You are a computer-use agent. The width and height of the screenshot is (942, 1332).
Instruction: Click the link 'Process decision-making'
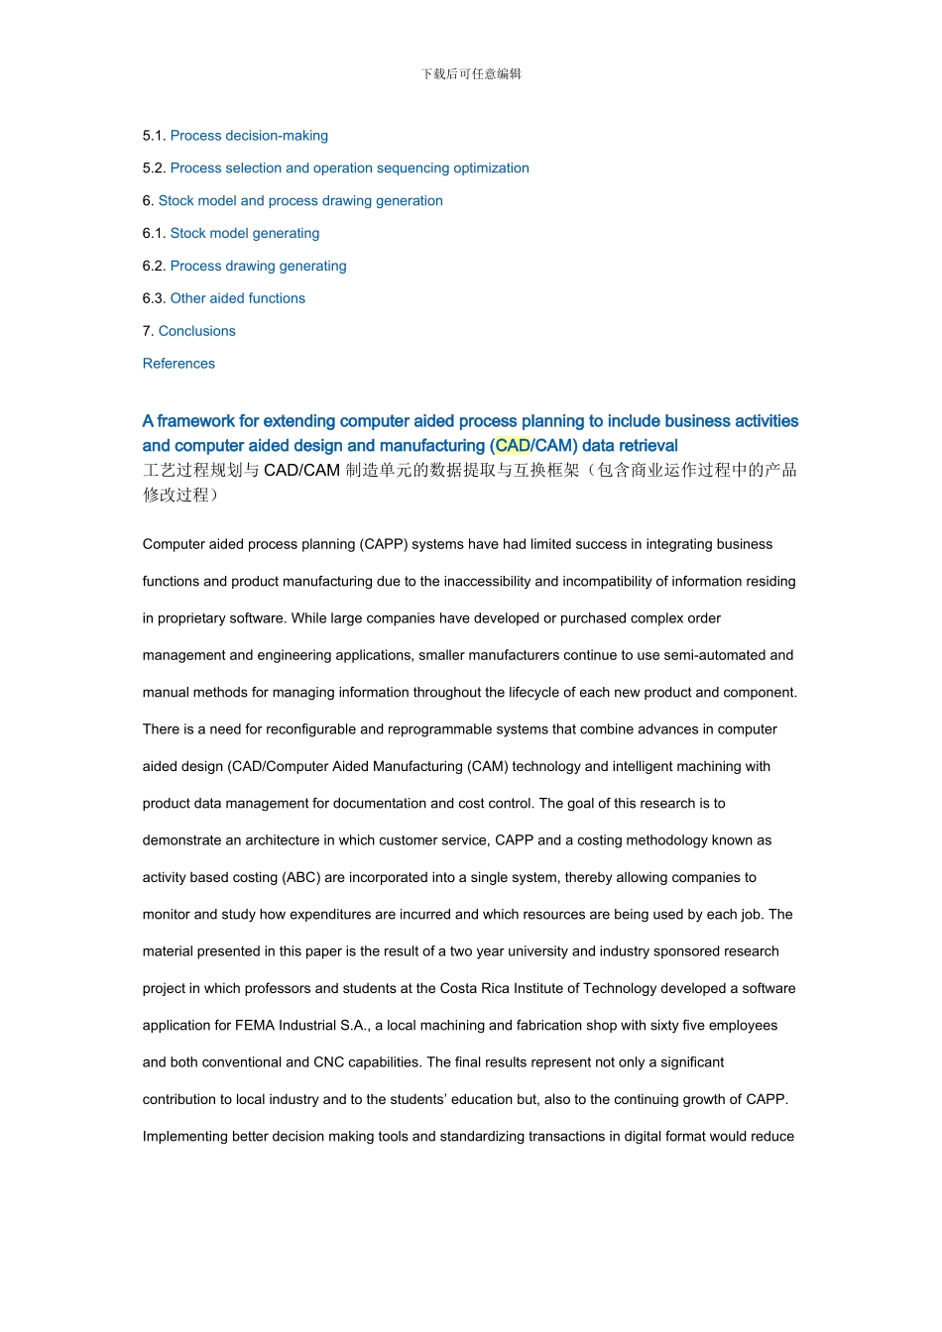[249, 136]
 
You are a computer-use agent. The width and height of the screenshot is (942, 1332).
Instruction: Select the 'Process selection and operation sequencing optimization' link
[349, 168]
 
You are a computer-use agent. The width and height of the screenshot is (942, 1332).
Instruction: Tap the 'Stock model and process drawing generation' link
[300, 201]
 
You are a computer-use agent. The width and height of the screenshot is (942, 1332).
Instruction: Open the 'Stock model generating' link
[245, 234]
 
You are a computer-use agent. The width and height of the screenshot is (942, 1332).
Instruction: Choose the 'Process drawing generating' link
[258, 267]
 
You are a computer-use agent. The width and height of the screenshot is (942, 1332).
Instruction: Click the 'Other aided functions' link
[238, 298]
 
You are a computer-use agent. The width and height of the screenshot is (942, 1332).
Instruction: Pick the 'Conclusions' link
[197, 331]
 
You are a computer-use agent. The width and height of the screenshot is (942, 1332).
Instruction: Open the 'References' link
[178, 364]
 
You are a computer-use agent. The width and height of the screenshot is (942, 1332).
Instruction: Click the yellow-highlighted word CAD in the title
[513, 446]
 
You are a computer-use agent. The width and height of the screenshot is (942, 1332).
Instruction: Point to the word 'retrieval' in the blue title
[645, 446]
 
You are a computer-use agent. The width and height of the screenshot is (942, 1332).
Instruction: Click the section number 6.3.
[154, 298]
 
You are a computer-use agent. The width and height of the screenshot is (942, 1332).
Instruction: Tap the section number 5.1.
[154, 136]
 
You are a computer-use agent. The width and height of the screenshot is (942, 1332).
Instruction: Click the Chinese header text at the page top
[471, 74]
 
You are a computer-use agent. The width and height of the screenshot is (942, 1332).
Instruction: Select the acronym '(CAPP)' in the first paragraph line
[384, 544]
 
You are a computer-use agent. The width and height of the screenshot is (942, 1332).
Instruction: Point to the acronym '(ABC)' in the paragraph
[300, 877]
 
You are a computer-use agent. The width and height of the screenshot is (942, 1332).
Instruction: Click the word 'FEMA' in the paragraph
[255, 1026]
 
